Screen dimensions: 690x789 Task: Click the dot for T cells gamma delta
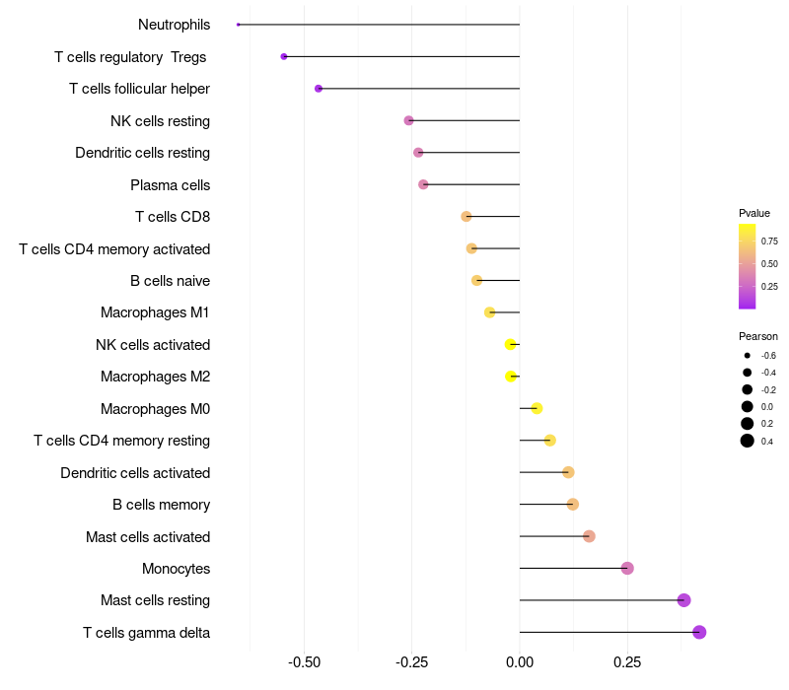699,632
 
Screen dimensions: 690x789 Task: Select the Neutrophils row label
174,25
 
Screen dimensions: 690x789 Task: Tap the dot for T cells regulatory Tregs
284,56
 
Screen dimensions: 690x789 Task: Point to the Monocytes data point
627,568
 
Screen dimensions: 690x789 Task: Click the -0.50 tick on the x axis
305,662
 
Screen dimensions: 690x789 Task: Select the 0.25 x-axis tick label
627,662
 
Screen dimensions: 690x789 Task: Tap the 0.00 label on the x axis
520,662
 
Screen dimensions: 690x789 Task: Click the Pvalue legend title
754,213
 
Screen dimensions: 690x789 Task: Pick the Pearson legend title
758,336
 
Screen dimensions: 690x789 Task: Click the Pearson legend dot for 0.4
748,441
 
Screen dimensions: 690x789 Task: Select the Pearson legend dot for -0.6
748,355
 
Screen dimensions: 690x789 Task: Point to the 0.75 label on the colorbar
769,241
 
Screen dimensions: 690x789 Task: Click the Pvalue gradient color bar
748,266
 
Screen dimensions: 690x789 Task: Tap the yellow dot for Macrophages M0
537,408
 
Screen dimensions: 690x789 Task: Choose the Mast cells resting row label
155,600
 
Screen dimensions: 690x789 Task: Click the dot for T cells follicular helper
319,89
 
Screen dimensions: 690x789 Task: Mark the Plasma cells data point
423,184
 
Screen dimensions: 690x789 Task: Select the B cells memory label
161,505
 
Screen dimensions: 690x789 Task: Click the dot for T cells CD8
466,216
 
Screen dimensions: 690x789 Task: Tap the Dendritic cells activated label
135,472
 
